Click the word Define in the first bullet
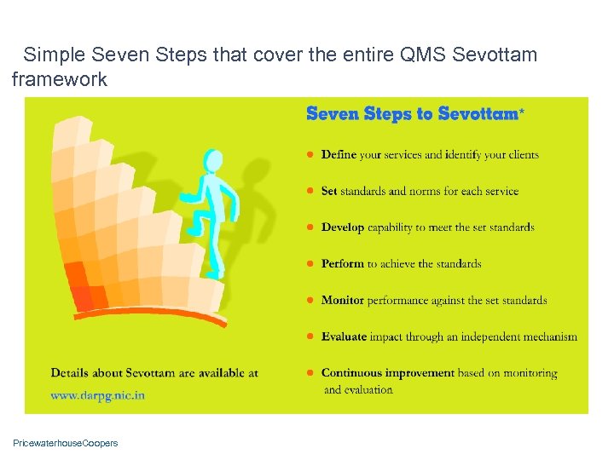click(339, 155)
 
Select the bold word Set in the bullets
click(329, 191)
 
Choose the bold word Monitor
click(343, 300)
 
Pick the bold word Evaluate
click(344, 336)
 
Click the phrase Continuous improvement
click(387, 373)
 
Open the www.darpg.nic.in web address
click(97, 395)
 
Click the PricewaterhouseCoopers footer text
click(66, 443)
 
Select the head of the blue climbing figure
click(211, 160)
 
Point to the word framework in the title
click(60, 80)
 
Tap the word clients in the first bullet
click(523, 155)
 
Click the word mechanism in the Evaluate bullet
click(547, 336)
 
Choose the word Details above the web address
click(72, 373)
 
